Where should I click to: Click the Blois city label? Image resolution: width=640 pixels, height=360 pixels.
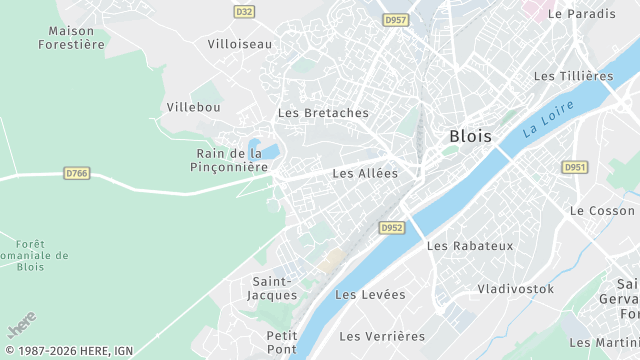pyautogui.click(x=470, y=136)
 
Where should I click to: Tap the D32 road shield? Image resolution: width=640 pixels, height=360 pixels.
pyautogui.click(x=244, y=11)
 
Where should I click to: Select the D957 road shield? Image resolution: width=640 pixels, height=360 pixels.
pyautogui.click(x=396, y=20)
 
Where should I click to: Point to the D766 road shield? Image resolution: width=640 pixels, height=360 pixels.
pyautogui.click(x=77, y=173)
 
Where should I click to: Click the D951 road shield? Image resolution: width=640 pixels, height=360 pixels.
pyautogui.click(x=575, y=167)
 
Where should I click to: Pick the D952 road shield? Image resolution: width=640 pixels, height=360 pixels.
pyautogui.click(x=391, y=228)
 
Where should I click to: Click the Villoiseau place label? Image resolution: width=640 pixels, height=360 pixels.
pyautogui.click(x=239, y=44)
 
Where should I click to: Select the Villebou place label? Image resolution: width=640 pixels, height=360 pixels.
pyautogui.click(x=194, y=107)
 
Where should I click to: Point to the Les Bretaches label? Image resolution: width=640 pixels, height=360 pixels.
pyautogui.click(x=323, y=113)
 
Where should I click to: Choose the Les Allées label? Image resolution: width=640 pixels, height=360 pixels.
pyautogui.click(x=365, y=173)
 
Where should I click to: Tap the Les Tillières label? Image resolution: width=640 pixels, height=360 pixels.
pyautogui.click(x=573, y=76)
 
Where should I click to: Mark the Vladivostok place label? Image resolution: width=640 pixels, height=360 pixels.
pyautogui.click(x=515, y=288)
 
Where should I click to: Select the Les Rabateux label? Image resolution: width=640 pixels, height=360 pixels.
pyautogui.click(x=469, y=245)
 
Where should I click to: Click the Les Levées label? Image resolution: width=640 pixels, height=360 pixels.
pyautogui.click(x=371, y=294)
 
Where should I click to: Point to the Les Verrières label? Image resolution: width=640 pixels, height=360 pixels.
pyautogui.click(x=382, y=336)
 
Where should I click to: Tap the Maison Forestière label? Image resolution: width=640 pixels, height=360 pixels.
pyautogui.click(x=71, y=37)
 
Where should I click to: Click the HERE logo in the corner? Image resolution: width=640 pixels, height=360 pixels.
pyautogui.click(x=22, y=327)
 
